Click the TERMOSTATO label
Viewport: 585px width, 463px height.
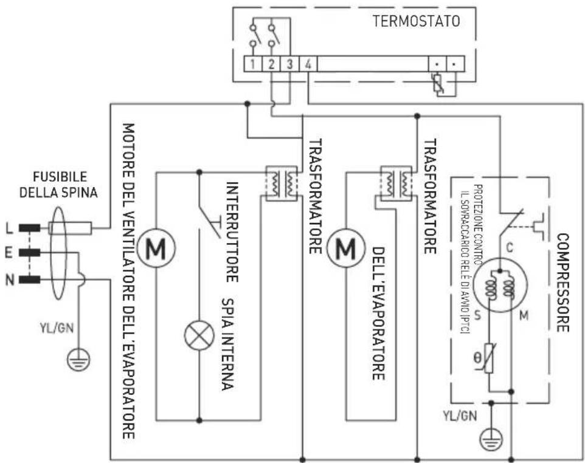(417, 21)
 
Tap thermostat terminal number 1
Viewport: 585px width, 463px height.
(252, 64)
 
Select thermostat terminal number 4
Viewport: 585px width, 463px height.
(308, 64)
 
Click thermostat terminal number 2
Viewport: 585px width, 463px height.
(271, 64)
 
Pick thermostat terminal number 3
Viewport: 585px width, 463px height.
(289, 64)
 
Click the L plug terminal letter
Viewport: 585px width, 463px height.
(9, 228)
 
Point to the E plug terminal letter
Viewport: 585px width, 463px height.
(9, 253)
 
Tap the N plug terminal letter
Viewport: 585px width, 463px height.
(9, 280)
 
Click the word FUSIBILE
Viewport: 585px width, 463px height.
(60, 176)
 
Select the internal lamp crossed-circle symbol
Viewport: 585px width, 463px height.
(199, 335)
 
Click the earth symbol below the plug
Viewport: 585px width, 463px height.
(78, 359)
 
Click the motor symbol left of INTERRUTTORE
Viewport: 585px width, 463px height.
(156, 247)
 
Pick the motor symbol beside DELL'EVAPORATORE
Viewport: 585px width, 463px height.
(346, 247)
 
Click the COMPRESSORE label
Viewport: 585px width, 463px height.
(562, 283)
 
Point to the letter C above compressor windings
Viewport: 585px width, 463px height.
(510, 247)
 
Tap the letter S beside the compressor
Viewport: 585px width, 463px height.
(477, 316)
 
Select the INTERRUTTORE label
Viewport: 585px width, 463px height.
(232, 232)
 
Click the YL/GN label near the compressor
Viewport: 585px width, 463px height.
(460, 416)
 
